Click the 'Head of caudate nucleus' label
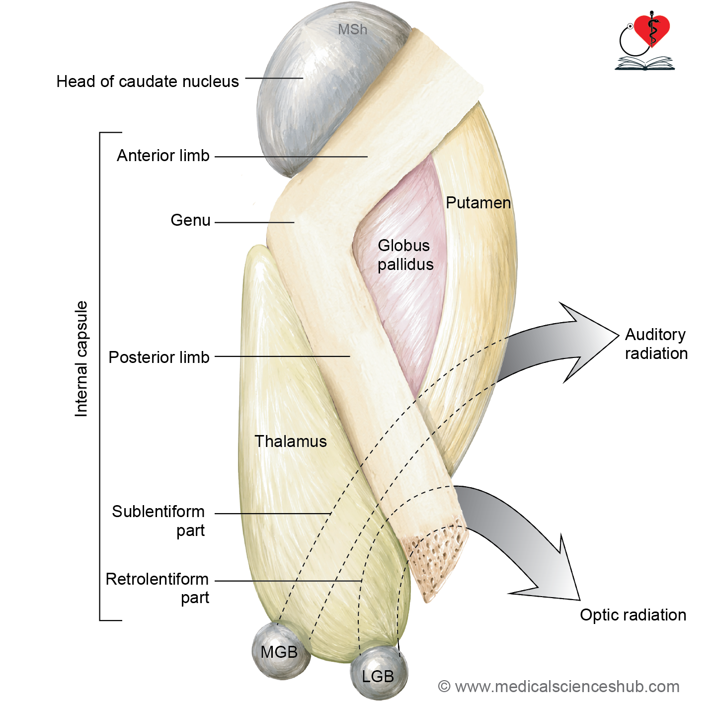tap(148, 82)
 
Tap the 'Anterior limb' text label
tap(163, 156)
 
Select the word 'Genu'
tap(190, 220)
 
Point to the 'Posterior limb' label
tap(159, 357)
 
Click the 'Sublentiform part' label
tap(158, 521)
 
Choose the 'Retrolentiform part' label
tap(157, 588)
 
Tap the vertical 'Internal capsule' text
tap(81, 359)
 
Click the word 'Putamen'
tap(478, 203)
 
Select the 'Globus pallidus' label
tap(405, 255)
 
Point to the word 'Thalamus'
tap(291, 441)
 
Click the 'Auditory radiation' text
tap(656, 344)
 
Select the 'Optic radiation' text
tap(633, 615)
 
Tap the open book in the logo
tap(644, 63)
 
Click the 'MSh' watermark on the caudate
tap(352, 29)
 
